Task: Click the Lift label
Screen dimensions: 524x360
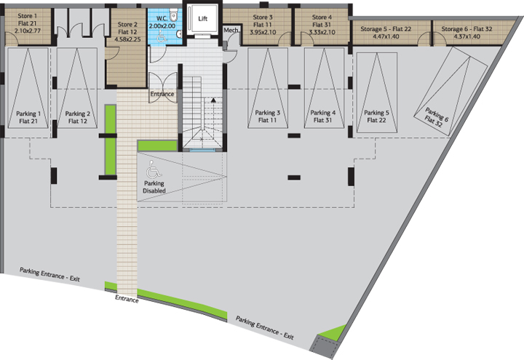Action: (203, 19)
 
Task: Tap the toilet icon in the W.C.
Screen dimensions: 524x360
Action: (173, 15)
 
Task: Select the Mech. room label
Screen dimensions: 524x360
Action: (231, 31)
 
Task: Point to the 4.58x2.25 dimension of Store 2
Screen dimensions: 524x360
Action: (127, 39)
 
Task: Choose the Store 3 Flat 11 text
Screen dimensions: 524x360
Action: (263, 21)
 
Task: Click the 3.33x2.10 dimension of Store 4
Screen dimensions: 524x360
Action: (322, 33)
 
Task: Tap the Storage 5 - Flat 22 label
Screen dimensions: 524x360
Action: (386, 29)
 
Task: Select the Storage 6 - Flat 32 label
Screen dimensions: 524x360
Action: (467, 29)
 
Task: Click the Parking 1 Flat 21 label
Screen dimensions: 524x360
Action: (28, 118)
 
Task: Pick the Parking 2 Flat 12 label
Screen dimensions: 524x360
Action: (78, 118)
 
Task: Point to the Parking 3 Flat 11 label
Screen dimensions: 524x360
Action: (267, 116)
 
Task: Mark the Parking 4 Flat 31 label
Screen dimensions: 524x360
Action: (323, 116)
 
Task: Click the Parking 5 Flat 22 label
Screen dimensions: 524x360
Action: (377, 116)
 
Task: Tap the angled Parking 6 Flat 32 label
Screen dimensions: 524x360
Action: (435, 117)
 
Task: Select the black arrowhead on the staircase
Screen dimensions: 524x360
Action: (213, 100)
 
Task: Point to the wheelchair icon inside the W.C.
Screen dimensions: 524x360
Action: (162, 36)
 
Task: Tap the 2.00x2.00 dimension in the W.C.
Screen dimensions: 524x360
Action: (162, 26)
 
